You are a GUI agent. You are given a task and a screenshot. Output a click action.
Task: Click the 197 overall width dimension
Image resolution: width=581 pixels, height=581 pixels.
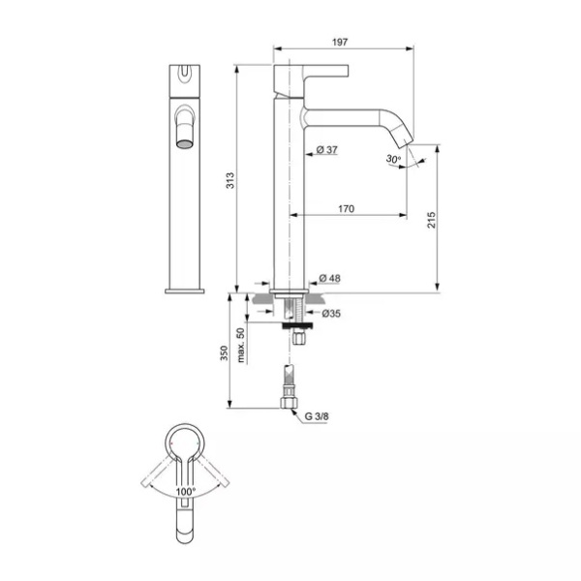coord(340,43)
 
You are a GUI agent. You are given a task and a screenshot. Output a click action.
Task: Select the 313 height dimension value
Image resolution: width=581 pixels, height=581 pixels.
coord(230,180)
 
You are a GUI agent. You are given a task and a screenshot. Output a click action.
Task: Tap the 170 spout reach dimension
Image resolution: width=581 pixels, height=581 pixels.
coord(346,209)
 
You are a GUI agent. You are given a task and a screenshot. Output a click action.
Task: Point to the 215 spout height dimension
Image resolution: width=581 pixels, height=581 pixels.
coord(432,220)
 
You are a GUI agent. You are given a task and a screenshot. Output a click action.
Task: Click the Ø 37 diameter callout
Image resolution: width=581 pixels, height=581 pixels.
coord(327,150)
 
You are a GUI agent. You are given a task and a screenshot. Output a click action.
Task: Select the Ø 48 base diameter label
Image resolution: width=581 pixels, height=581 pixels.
coord(329,278)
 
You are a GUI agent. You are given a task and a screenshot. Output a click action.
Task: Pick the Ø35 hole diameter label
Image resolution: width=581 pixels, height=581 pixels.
coord(331,314)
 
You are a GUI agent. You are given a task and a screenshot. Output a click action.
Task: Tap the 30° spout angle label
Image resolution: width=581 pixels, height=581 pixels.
coord(393,159)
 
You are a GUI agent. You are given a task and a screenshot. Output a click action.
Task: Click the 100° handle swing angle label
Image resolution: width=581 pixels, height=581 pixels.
coord(185,492)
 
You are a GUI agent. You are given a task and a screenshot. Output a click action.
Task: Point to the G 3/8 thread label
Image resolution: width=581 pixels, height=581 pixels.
coord(317,416)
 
